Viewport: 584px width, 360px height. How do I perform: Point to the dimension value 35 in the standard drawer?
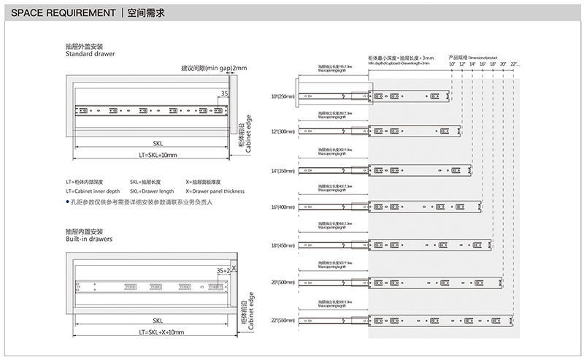pos(224,94)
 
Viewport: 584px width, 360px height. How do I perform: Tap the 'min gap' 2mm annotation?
pos(215,68)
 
